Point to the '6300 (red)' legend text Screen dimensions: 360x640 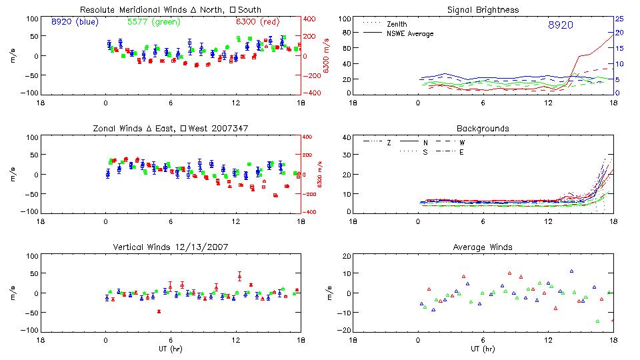(x=257, y=22)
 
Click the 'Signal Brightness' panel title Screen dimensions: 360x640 (x=483, y=10)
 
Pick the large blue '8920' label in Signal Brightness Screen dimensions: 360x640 (x=560, y=25)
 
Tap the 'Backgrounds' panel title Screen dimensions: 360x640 (x=483, y=128)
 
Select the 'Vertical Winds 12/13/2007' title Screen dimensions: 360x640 (x=171, y=247)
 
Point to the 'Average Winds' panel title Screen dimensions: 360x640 (x=483, y=247)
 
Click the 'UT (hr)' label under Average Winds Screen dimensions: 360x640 (x=483, y=349)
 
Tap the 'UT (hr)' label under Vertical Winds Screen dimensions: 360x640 (x=171, y=349)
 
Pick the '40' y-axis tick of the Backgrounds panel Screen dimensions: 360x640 (x=346, y=138)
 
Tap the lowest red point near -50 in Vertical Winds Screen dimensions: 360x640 (x=159, y=311)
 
